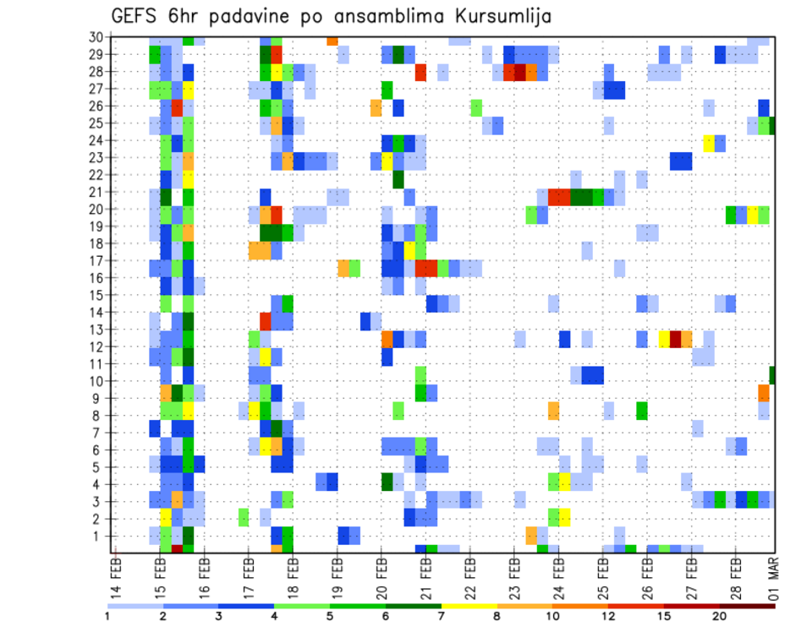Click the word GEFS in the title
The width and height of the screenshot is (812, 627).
coord(136,16)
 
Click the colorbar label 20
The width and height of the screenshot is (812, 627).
coord(719,616)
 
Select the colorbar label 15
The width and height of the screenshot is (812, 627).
coord(664,616)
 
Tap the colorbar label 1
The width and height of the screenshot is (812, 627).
coord(107,616)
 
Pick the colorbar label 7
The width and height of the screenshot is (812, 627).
coord(441,616)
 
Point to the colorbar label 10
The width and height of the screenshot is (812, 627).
coord(552,616)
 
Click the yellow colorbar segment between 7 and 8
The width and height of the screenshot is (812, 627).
coord(469,606)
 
